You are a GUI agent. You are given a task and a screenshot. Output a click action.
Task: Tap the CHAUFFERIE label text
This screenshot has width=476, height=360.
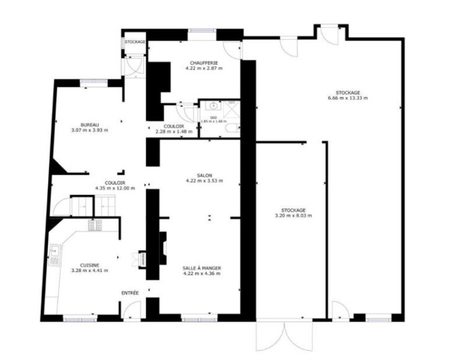point(203,62)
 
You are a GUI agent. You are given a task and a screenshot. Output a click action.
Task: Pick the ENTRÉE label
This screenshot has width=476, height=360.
point(130,292)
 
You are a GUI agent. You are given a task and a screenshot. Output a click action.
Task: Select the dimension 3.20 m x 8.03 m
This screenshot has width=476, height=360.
point(293,216)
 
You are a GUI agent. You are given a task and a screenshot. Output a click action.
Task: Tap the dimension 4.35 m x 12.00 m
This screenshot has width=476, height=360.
point(115,188)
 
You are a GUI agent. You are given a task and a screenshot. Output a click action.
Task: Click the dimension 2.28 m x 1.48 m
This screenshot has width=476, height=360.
point(169,131)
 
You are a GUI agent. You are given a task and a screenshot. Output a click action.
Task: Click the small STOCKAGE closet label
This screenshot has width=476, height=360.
point(134,42)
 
